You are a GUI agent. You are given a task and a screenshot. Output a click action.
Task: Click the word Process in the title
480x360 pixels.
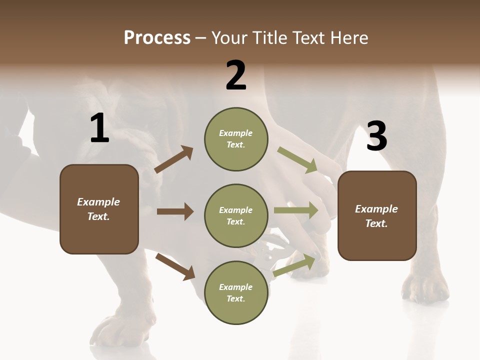coord(157,37)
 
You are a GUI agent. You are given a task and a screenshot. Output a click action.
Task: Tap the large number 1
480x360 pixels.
coord(99,128)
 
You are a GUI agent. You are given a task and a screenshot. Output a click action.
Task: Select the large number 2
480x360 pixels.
coord(236,75)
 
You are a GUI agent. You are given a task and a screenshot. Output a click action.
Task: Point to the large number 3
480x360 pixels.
coord(376,136)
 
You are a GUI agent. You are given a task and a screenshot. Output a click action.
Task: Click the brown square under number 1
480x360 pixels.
coord(99,209)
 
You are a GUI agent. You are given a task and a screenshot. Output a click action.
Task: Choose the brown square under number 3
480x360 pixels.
coord(377,215)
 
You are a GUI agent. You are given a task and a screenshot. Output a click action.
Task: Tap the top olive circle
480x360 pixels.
coord(236,139)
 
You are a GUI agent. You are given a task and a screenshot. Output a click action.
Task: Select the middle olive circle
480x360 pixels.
coord(236,216)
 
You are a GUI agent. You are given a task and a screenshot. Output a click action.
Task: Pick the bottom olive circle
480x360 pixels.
coord(236,293)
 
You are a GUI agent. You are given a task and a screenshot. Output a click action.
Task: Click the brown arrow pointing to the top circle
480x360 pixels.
coord(173,159)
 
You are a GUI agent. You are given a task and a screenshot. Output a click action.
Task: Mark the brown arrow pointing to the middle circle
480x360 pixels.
coord(175,211)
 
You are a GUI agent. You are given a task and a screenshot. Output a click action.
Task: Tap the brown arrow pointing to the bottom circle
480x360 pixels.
coord(175,266)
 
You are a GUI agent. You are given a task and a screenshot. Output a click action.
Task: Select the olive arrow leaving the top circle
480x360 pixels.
coord(297,160)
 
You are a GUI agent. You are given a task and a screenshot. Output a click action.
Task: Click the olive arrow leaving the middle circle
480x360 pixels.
coord(295,210)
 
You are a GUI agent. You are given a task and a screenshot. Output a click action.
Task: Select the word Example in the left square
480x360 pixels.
coord(98,202)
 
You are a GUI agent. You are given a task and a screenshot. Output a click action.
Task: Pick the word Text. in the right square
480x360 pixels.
coord(376,223)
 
